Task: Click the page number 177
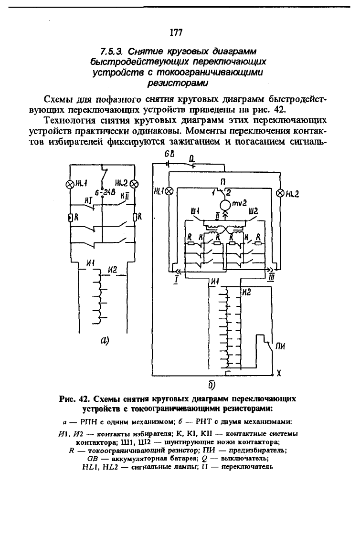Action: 176,32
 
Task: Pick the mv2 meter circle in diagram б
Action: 225,203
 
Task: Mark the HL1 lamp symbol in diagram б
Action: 169,191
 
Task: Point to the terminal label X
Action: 279,374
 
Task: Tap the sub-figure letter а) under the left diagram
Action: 105,340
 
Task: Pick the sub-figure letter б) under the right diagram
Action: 212,385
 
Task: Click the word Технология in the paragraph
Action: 70,121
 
